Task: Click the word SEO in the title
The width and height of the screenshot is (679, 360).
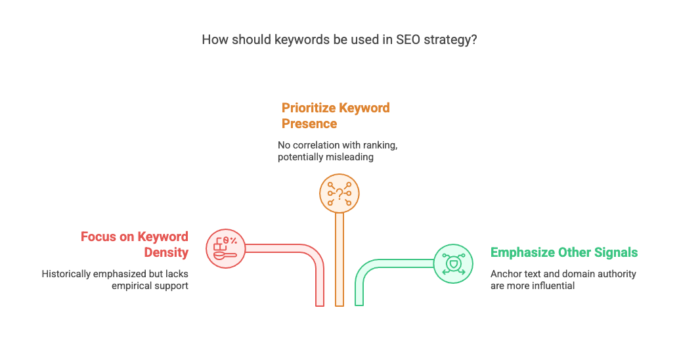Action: pos(408,40)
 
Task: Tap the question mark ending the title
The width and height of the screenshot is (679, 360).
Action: pos(473,40)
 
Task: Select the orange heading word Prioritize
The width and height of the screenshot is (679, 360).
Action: pos(308,108)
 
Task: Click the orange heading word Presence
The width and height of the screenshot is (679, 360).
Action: pos(309,124)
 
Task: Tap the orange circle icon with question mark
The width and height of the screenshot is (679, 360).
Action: pos(339,193)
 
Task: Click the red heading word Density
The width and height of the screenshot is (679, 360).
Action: pos(166,252)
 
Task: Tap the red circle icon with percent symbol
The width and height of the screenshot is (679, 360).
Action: pos(226,249)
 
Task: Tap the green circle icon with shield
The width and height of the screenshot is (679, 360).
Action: pos(453,264)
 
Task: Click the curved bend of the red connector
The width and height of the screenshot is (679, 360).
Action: pos(314,256)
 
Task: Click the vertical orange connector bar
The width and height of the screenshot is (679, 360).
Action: pos(339,259)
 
